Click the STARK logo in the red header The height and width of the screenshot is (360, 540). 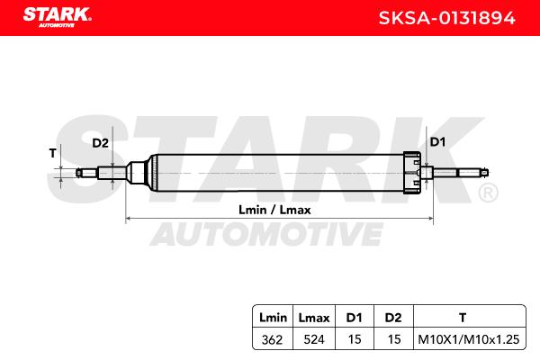tap(58, 17)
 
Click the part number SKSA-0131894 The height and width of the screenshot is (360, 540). tap(446, 18)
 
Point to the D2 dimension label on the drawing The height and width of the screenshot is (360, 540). tap(100, 143)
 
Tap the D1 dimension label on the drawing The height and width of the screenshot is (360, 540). tap(437, 141)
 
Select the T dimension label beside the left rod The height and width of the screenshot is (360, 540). tap(52, 153)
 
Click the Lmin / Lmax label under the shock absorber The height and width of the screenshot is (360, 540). tap(274, 210)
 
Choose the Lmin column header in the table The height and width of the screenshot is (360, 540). tap(273, 318)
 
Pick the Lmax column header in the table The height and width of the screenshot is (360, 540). tap(314, 318)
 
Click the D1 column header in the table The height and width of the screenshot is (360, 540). tap(354, 318)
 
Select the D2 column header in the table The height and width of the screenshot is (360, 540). tap(393, 318)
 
